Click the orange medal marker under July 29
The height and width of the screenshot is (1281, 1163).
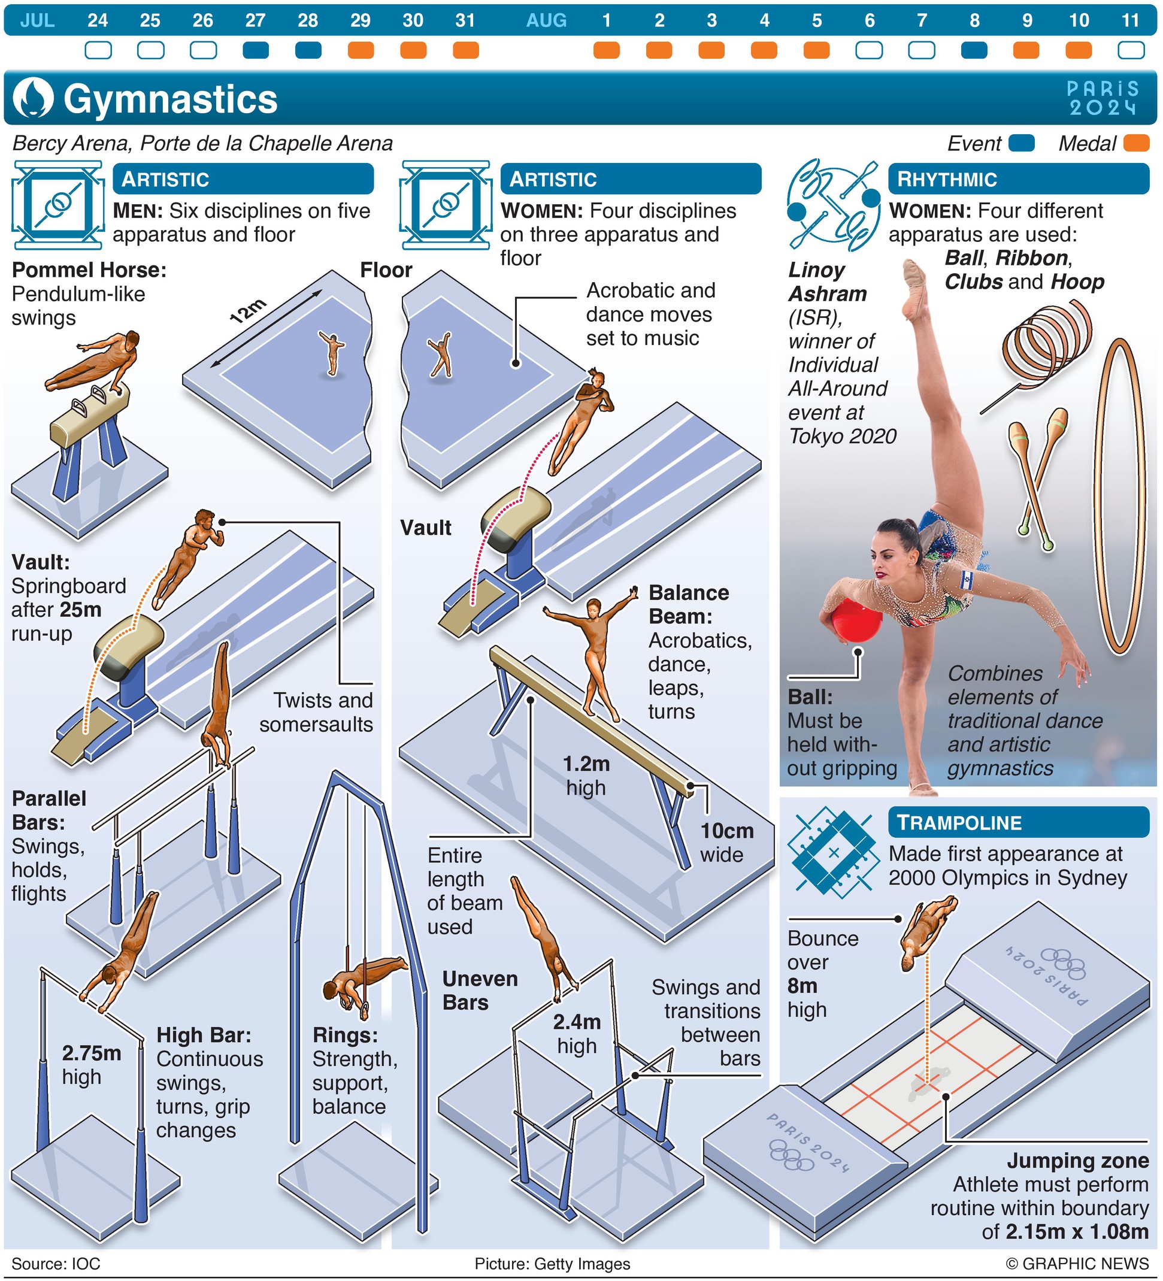(361, 50)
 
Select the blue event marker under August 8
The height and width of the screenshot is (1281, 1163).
(974, 50)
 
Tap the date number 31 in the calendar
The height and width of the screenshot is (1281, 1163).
(465, 20)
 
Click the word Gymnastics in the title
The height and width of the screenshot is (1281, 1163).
(170, 99)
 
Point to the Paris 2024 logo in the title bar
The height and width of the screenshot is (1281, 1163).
(1102, 98)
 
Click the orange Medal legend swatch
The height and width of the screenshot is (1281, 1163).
(1136, 143)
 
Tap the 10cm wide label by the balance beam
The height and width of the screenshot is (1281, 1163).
(726, 843)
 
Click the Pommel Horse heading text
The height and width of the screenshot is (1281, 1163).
(89, 270)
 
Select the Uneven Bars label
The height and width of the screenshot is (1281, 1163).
(479, 991)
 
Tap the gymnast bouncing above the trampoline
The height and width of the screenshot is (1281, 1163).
(926, 930)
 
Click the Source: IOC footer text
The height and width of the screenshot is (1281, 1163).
(56, 1264)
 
